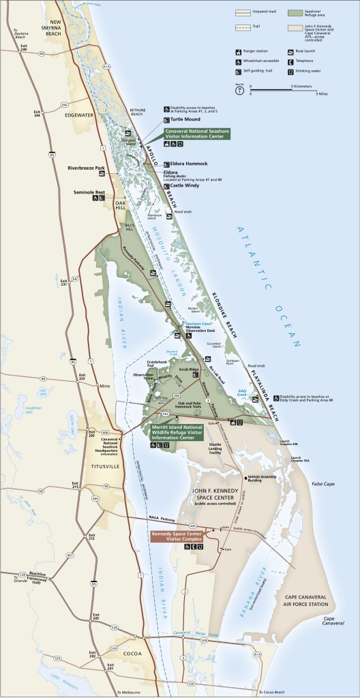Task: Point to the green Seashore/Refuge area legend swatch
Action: pos(295,13)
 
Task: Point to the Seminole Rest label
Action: pos(89,192)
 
